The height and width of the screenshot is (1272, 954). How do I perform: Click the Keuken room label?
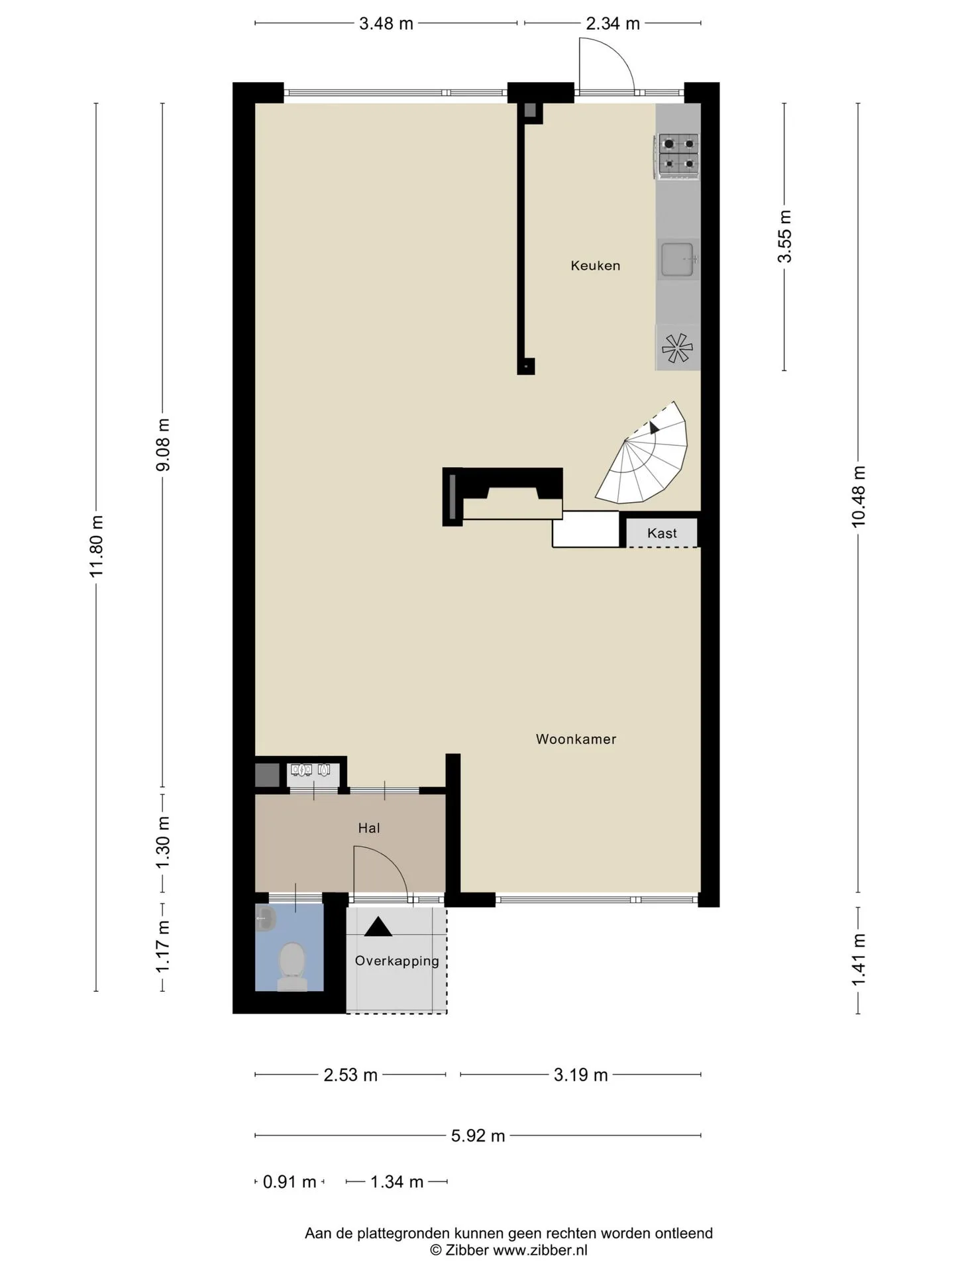[596, 266]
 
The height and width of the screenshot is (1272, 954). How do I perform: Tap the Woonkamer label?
[576, 739]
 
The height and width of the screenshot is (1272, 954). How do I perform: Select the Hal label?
[369, 827]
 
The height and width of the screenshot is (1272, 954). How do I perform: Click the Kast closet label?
[662, 533]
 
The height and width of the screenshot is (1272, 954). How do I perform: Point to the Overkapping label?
[397, 961]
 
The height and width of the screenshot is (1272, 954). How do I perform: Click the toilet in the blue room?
[291, 967]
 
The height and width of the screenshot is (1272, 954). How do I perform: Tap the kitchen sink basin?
[678, 258]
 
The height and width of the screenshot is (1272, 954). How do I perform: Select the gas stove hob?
[678, 156]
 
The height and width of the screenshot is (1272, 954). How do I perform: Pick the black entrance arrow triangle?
[378, 927]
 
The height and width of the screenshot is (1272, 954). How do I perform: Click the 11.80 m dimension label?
[97, 547]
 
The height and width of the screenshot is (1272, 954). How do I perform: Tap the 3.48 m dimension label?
[386, 24]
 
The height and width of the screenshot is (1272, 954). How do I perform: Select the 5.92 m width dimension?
[478, 1136]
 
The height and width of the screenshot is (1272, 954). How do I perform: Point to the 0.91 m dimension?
[290, 1181]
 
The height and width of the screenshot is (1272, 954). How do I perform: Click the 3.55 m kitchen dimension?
[785, 237]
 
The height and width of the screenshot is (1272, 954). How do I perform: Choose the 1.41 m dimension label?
[859, 959]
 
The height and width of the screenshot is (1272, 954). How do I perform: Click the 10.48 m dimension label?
[859, 496]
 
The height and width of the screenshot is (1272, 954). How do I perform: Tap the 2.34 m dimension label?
[613, 24]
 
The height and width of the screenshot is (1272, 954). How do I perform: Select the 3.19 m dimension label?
[580, 1075]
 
